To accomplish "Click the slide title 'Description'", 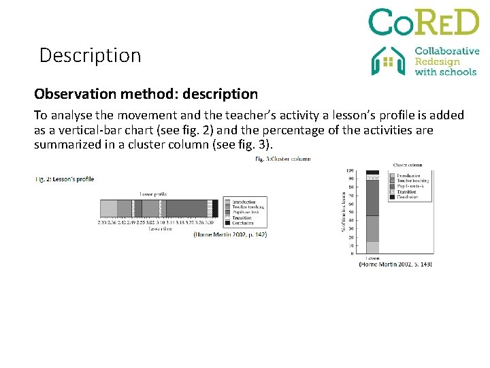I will pyautogui.click(x=90, y=55).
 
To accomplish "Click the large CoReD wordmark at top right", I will pyautogui.click(x=423, y=22).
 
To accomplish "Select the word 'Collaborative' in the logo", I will pyautogui.click(x=446, y=51).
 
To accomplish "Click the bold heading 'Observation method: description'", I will pyautogui.click(x=146, y=93).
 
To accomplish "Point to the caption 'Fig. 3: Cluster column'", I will pyautogui.click(x=283, y=159).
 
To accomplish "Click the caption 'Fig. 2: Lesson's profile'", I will pyautogui.click(x=65, y=179).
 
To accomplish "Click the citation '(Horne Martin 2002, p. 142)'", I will pyautogui.click(x=230, y=234).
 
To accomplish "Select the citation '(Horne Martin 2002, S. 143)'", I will pyautogui.click(x=395, y=264).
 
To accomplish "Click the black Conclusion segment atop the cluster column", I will pyautogui.click(x=372, y=172).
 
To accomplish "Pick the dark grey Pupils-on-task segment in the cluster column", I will pyautogui.click(x=372, y=198).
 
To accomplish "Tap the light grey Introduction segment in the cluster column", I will pyautogui.click(x=372, y=248).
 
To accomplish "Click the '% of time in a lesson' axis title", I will pyautogui.click(x=343, y=211).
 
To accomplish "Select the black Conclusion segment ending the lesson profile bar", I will pyautogui.click(x=214, y=209).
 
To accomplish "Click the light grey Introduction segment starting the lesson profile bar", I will pyautogui.click(x=108, y=209).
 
